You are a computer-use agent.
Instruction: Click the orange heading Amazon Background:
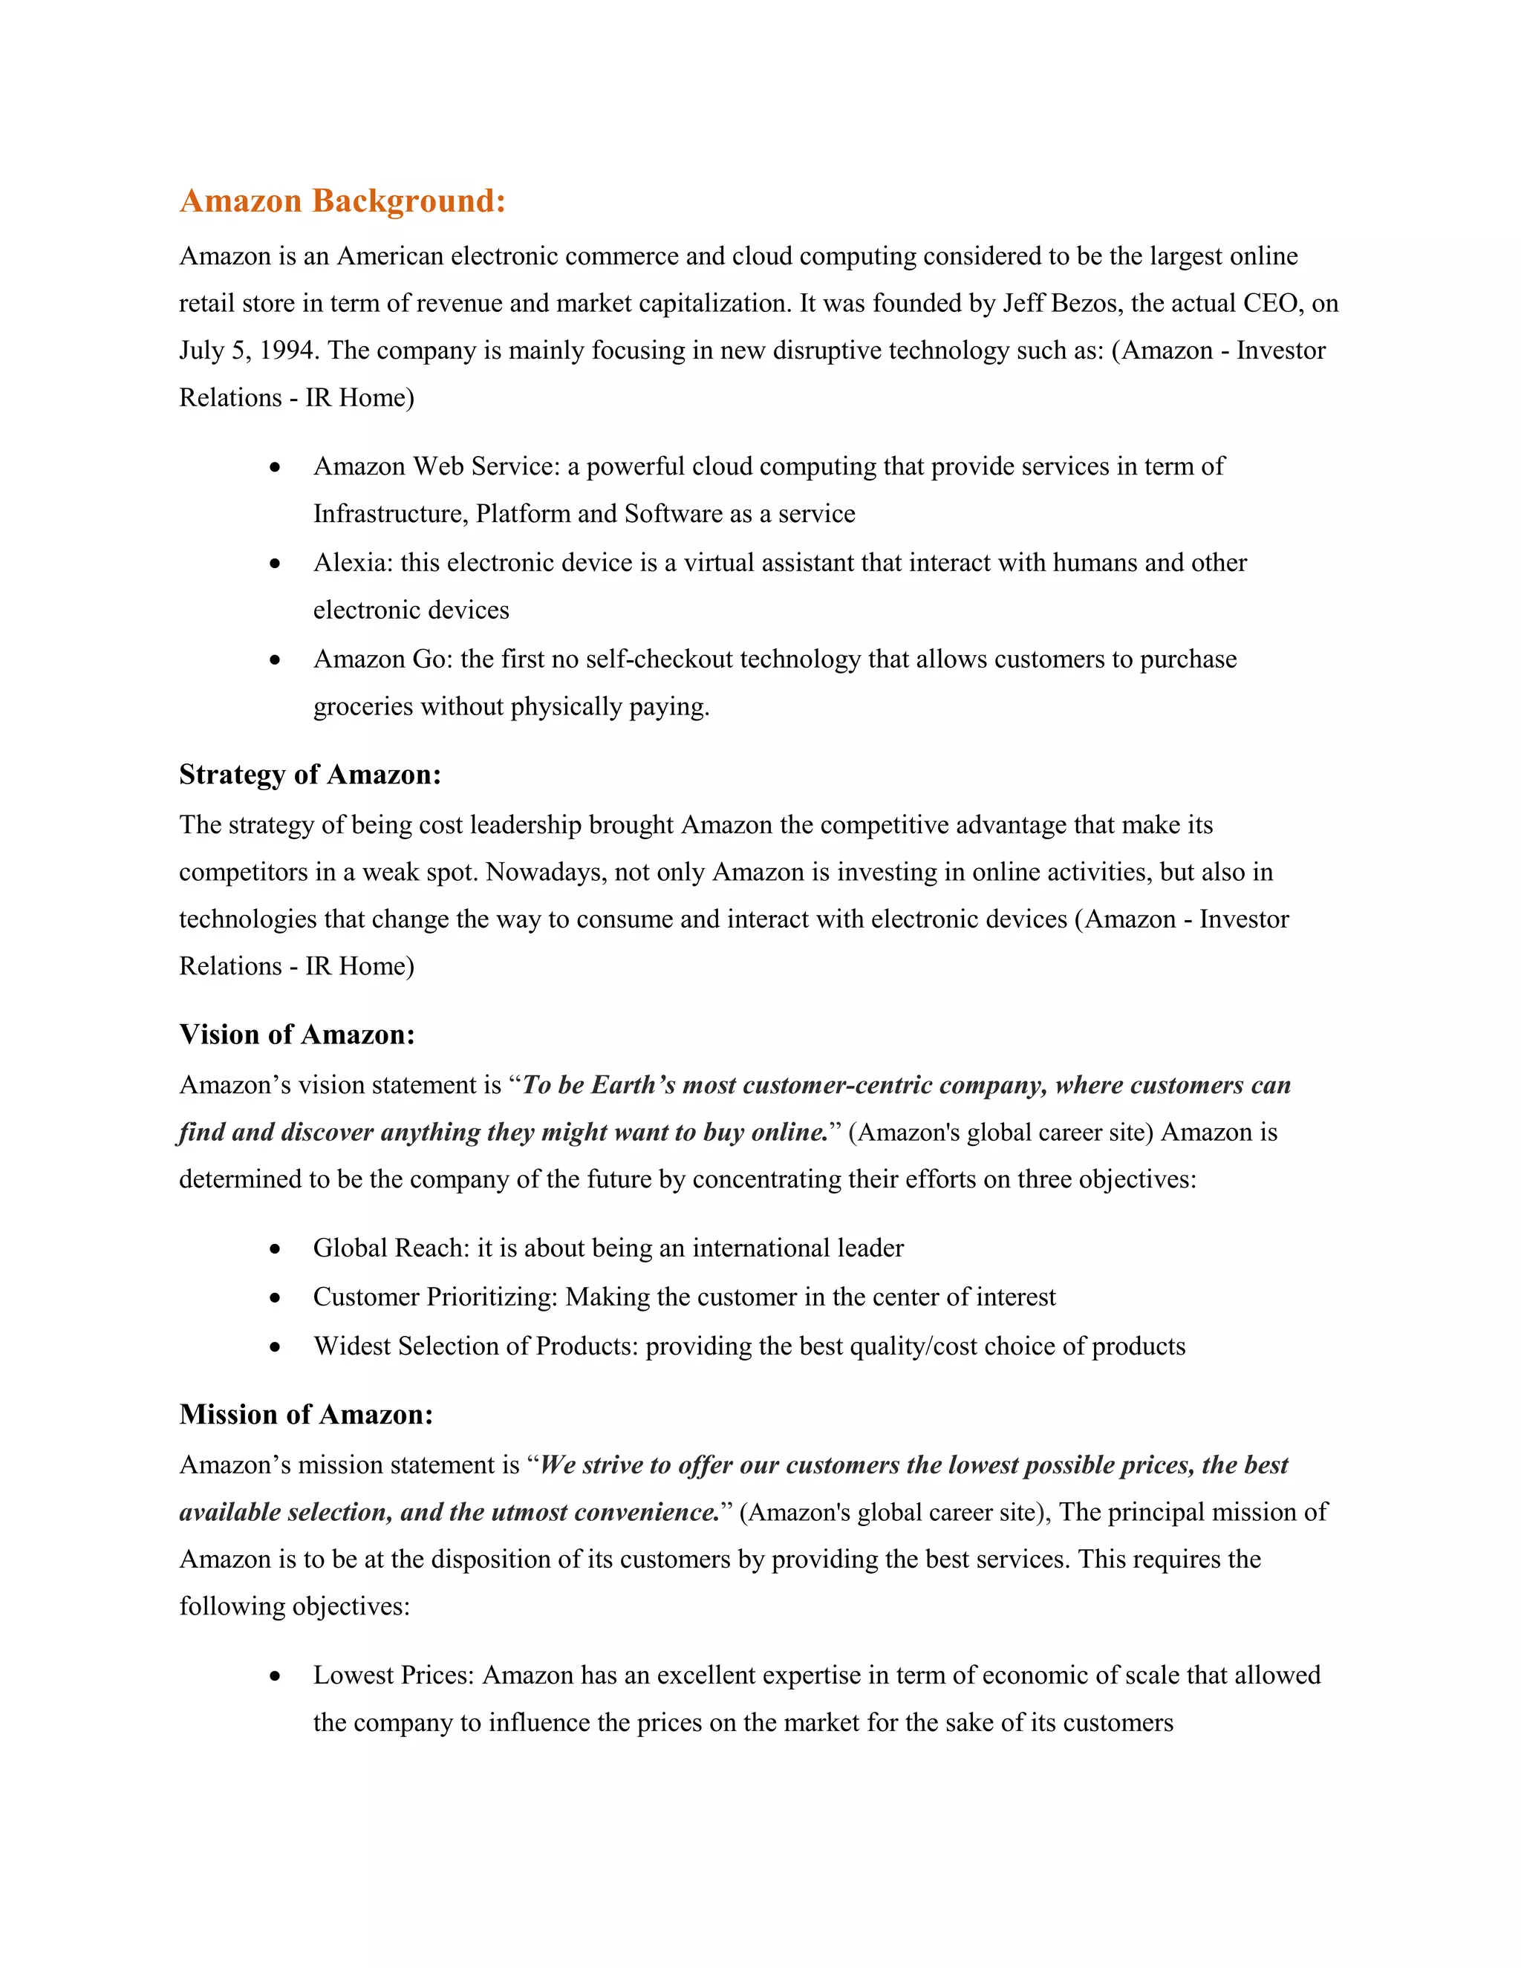[342, 201]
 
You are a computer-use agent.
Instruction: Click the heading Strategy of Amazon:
[310, 774]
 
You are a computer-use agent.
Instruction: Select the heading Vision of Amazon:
[296, 1034]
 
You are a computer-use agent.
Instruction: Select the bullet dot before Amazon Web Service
[276, 468]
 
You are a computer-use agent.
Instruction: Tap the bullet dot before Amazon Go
[276, 660]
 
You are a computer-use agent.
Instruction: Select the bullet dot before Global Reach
[276, 1249]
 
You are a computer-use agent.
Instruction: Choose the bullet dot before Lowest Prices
[276, 1676]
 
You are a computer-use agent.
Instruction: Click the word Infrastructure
[389, 514]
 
